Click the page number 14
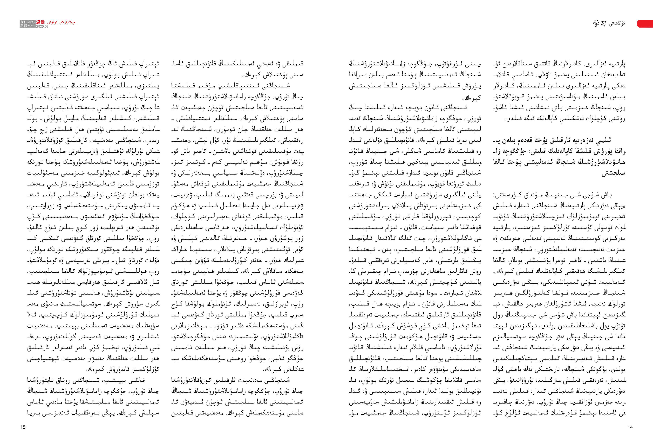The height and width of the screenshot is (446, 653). [630, 427]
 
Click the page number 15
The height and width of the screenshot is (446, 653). [23, 427]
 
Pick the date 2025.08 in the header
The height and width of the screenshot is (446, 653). [42, 26]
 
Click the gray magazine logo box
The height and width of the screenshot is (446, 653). [23, 24]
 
